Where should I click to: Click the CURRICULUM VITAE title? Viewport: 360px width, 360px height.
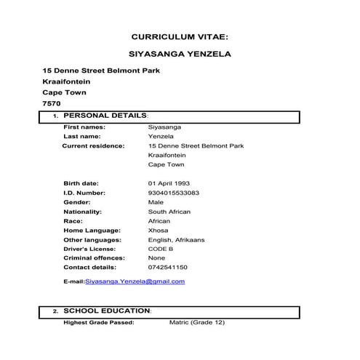click(180, 36)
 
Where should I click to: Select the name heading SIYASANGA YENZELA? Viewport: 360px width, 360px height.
click(180, 54)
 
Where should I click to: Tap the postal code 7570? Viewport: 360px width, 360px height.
click(52, 103)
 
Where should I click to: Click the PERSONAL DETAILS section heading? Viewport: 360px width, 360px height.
click(105, 116)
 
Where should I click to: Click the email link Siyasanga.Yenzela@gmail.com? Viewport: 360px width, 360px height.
click(135, 281)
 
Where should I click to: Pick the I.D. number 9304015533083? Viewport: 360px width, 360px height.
click(174, 193)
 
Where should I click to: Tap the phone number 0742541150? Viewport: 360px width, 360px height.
click(167, 267)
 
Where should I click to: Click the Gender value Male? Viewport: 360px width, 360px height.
click(156, 201)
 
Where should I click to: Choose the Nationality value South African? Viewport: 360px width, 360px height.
click(169, 212)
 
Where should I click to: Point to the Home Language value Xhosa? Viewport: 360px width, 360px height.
click(158, 230)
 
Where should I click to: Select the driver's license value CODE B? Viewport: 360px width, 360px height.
click(161, 249)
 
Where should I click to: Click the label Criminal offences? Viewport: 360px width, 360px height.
click(94, 257)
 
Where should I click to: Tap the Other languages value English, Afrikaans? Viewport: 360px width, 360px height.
click(177, 239)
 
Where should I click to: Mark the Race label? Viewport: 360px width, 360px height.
click(73, 220)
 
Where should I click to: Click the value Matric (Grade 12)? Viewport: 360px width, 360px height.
click(197, 321)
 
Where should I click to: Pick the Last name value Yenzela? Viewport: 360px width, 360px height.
click(161, 136)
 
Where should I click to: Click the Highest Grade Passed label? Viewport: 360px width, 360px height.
click(98, 321)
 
